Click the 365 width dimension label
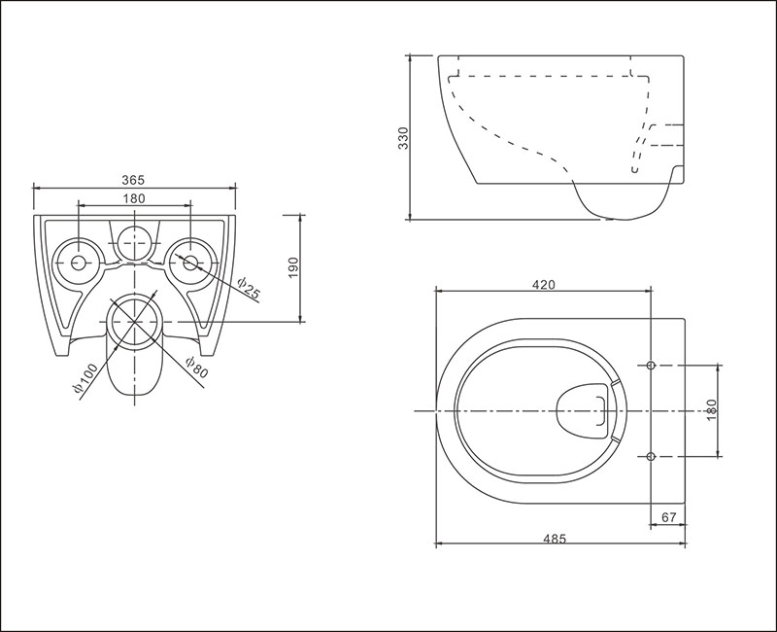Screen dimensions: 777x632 [x=133, y=180]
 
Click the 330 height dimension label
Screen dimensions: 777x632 [x=403, y=138]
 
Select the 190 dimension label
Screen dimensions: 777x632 [x=293, y=268]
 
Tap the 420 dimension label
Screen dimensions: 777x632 [x=544, y=285]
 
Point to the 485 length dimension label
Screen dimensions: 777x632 [x=554, y=539]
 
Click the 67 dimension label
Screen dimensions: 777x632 [x=669, y=517]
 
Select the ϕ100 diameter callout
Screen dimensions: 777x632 [x=85, y=380]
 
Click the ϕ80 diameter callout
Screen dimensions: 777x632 [x=196, y=368]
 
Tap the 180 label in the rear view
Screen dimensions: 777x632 [x=134, y=198]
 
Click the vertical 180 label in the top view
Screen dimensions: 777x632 [x=712, y=410]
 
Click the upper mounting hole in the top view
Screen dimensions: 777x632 [x=651, y=366]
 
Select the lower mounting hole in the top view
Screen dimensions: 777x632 [x=651, y=455]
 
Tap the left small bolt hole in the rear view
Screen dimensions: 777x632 [x=79, y=263]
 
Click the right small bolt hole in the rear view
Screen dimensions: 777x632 [x=190, y=263]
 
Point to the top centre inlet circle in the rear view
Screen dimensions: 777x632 [x=134, y=242]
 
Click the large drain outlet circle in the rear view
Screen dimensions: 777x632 [x=135, y=322]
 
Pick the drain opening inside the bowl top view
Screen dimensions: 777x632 [x=583, y=410]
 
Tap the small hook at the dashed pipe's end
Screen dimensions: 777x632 [x=634, y=169]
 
